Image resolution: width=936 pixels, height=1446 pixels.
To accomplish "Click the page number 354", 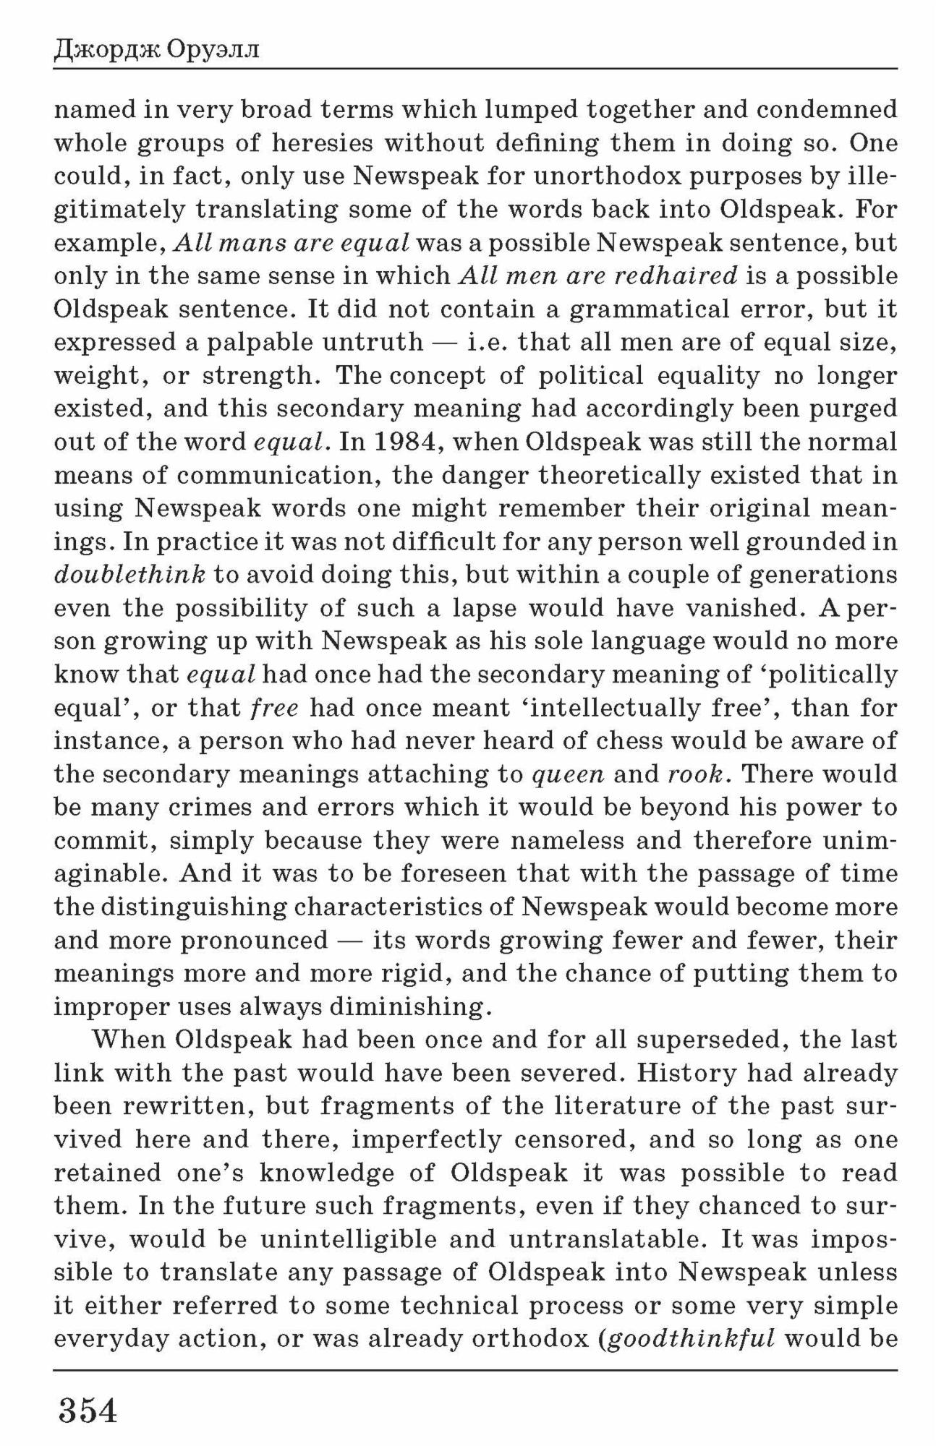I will pos(87,1410).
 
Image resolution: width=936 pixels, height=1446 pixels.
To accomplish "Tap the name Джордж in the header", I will pos(105,51).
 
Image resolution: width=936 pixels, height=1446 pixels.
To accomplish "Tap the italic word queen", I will pos(568,774).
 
